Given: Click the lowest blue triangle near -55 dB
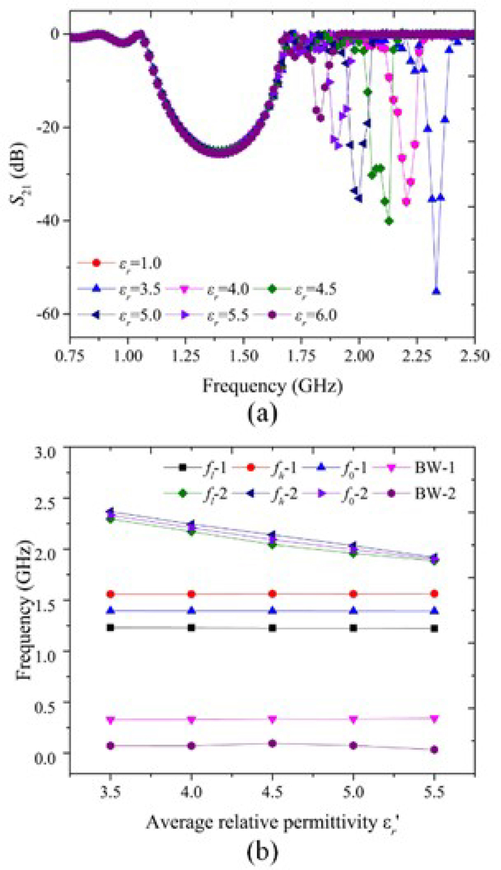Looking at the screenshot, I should coord(436,291).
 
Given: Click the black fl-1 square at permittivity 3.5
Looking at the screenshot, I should coord(111,628).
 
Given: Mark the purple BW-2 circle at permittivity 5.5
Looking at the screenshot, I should coord(434,750).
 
